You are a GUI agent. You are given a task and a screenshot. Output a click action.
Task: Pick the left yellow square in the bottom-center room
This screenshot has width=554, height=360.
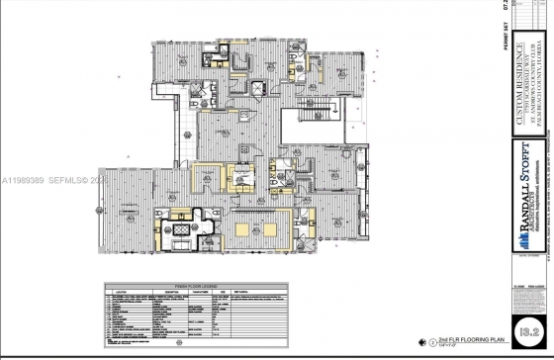[x=246, y=230]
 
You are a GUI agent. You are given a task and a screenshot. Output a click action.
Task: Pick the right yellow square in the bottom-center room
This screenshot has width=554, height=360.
[x=298, y=230]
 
